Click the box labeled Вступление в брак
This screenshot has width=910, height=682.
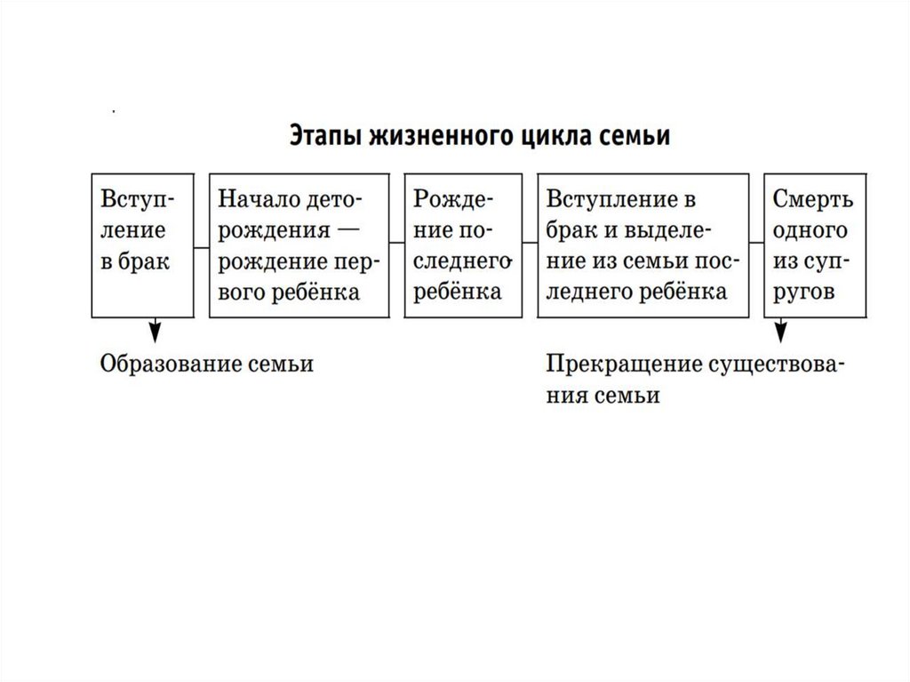click(140, 245)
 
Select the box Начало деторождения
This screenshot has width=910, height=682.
click(298, 245)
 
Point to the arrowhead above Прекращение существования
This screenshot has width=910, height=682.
click(781, 333)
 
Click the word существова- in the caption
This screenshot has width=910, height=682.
click(776, 365)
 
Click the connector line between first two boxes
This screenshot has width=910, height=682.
click(200, 245)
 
